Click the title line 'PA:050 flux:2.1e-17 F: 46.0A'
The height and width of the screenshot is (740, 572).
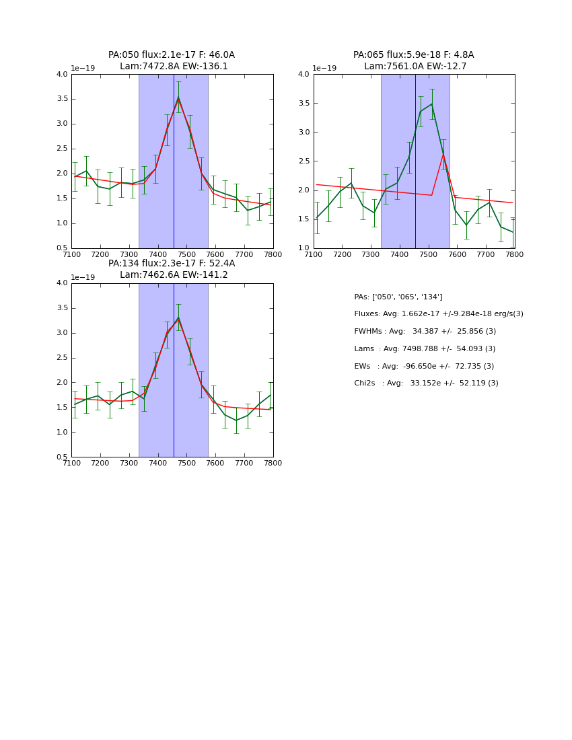(172, 55)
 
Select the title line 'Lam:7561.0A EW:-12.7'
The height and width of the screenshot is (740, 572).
(415, 67)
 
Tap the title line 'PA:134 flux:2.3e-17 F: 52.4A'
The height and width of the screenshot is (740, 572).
(172, 264)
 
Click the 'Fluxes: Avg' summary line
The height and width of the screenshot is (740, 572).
(438, 314)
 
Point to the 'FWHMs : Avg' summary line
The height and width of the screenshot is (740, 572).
(425, 332)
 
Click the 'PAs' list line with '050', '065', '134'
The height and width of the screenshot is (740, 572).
(398, 297)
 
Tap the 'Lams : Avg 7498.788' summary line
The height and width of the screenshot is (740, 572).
(425, 348)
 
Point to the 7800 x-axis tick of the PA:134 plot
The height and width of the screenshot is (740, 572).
(273, 463)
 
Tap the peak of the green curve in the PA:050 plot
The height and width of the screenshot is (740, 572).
(178, 98)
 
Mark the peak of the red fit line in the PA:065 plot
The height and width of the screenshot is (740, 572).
(443, 154)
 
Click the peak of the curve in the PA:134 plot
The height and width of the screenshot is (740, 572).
(178, 318)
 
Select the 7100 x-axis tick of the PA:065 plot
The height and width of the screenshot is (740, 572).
(314, 254)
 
